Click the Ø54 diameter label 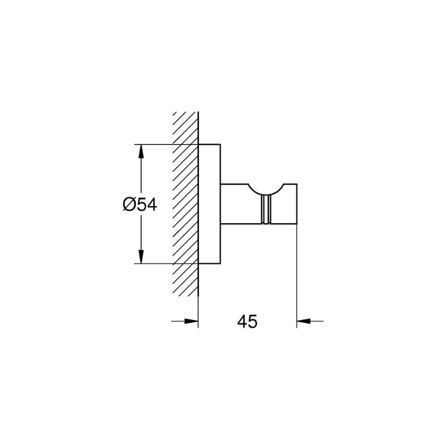pyautogui.click(x=140, y=205)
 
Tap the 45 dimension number pyautogui.click(x=247, y=322)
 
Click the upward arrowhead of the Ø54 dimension pyautogui.click(x=141, y=151)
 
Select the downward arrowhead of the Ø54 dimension pyautogui.click(x=141, y=257)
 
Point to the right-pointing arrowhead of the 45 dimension pyautogui.click(x=191, y=321)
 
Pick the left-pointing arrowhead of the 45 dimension pyautogui.click(x=303, y=321)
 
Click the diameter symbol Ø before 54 pyautogui.click(x=129, y=205)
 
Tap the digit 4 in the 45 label pyautogui.click(x=242, y=322)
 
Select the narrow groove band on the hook pyautogui.click(x=266, y=210)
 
